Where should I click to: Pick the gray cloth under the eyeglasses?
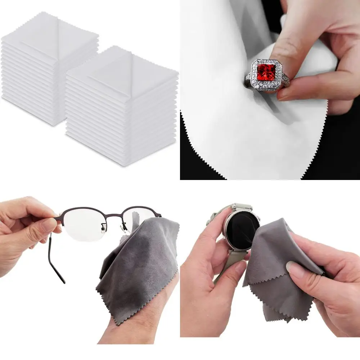pyautogui.click(x=140, y=266)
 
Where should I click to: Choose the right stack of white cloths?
pyautogui.click(x=122, y=108)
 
